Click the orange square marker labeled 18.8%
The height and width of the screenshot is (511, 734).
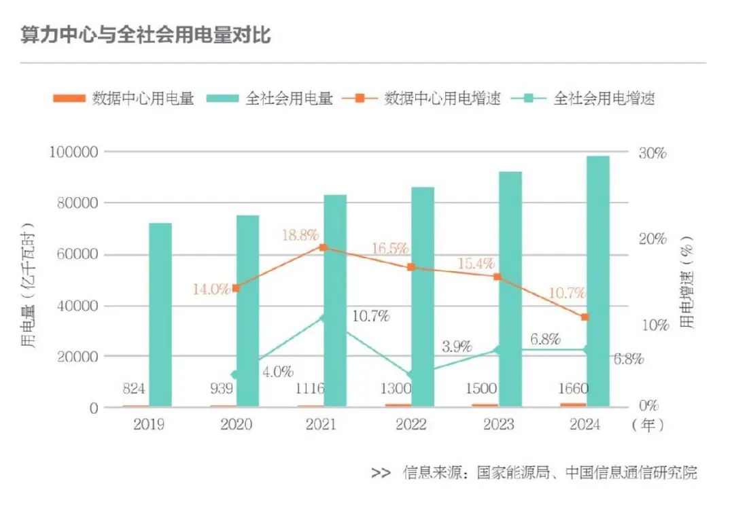(324, 247)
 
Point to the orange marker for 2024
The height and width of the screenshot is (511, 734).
(585, 317)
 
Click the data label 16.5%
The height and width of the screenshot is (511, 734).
(389, 248)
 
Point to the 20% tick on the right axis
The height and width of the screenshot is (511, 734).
(651, 239)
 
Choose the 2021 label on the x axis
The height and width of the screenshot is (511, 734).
(323, 425)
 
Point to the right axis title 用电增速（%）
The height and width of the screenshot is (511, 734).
(688, 289)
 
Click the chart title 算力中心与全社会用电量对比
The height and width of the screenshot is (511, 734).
(145, 35)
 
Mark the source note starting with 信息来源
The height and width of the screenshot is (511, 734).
(549, 472)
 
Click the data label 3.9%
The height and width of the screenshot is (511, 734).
(456, 347)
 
